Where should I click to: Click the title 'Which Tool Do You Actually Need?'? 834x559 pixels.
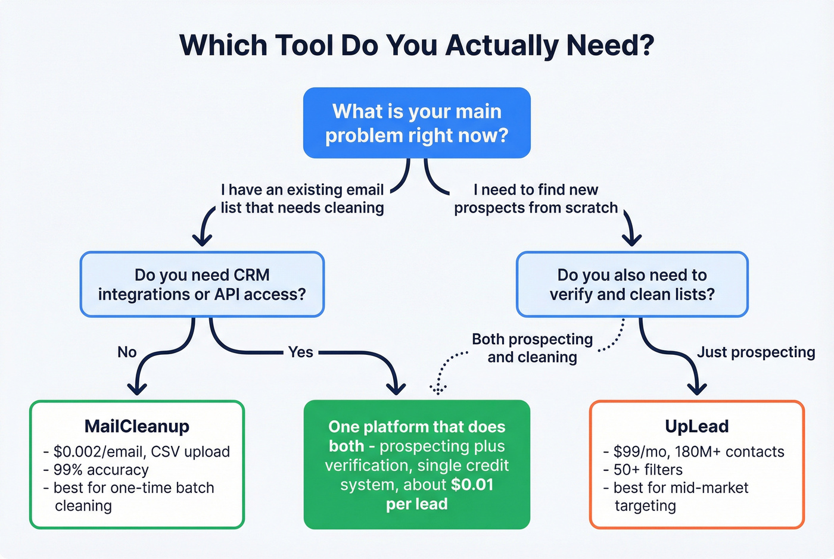tap(416, 45)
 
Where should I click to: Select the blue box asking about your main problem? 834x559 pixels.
tap(416, 123)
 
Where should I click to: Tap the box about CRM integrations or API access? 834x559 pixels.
tap(202, 285)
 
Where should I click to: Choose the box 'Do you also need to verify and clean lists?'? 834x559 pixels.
tap(632, 285)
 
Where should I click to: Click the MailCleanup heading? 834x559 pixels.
tap(137, 426)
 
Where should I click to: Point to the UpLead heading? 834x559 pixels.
tap(696, 426)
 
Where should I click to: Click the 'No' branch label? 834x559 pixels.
tap(127, 352)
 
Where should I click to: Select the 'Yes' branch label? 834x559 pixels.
tap(300, 352)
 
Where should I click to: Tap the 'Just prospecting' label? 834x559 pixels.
tap(756, 352)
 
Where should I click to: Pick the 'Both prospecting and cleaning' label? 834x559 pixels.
tap(532, 348)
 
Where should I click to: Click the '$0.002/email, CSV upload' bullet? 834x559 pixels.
tap(141, 452)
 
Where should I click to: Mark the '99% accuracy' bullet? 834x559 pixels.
tap(101, 470)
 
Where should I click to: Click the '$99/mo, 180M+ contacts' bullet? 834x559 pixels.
tap(698, 452)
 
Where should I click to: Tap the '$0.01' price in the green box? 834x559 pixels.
tap(472, 485)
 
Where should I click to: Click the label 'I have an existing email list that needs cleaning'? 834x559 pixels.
tap(302, 199)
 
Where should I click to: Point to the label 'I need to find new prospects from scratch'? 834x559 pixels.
tap(536, 199)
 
